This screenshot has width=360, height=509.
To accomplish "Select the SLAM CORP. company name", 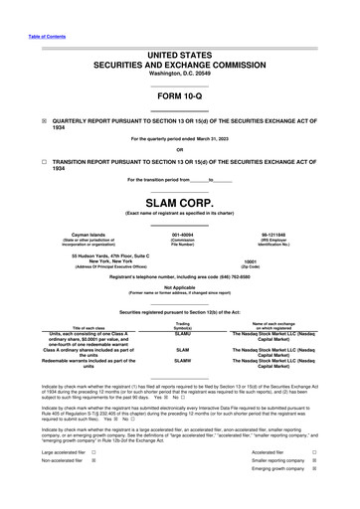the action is click(x=180, y=201).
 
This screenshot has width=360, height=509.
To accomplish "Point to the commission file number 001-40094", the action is click(x=183, y=230).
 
